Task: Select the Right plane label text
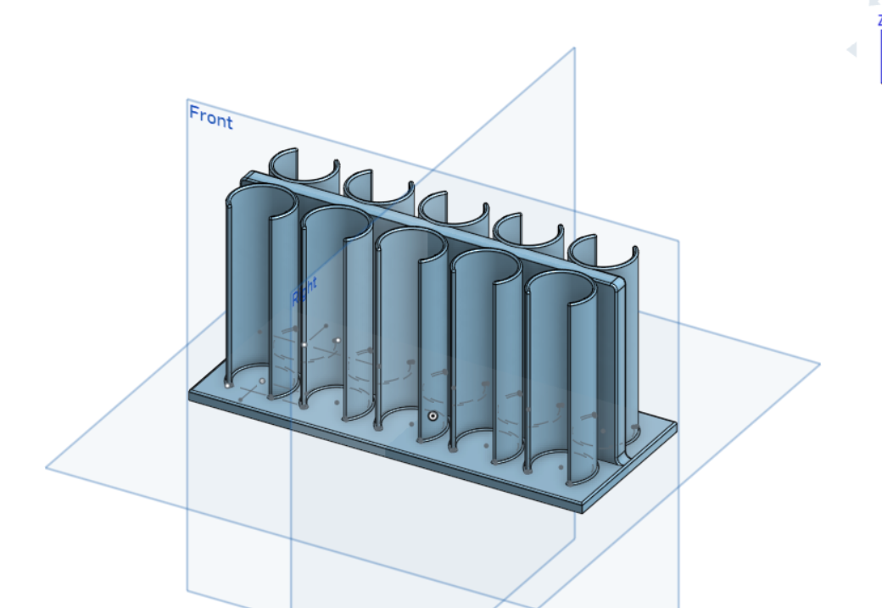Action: click(304, 291)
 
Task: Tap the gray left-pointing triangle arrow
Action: click(851, 50)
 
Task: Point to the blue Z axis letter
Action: click(879, 21)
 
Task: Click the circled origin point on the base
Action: click(433, 416)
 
